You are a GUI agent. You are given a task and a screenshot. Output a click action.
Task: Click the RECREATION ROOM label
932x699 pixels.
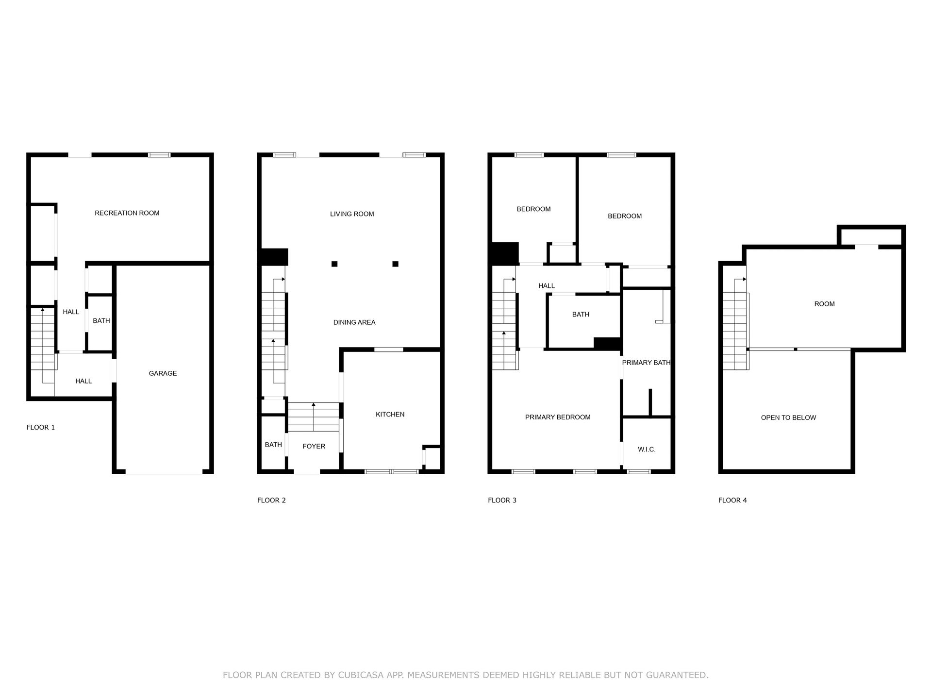click(x=127, y=213)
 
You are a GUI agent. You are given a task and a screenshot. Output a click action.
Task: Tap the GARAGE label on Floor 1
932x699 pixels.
click(x=163, y=373)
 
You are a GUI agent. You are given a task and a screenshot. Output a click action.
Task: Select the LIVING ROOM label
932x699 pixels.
click(x=352, y=214)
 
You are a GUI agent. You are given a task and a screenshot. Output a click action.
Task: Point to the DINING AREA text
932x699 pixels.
click(x=354, y=322)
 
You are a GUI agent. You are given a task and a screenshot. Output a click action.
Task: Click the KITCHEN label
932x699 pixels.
click(x=390, y=415)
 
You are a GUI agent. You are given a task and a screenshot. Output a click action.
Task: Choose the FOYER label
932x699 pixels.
click(x=314, y=446)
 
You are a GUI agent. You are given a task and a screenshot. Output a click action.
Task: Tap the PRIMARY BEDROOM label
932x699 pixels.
click(x=558, y=417)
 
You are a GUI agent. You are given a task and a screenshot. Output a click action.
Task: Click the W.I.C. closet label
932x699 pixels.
click(x=647, y=449)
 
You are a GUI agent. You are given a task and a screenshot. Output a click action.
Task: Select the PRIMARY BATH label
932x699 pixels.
click(x=646, y=363)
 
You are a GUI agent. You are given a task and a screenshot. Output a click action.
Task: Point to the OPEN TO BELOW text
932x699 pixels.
click(x=788, y=417)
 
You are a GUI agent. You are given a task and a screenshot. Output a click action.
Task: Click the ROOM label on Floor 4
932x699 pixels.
click(x=824, y=304)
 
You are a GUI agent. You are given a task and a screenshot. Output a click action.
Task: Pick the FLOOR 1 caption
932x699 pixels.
click(x=41, y=428)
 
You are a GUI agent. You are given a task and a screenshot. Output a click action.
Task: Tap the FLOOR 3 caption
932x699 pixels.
click(x=502, y=500)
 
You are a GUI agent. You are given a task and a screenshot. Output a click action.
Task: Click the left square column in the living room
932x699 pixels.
click(x=334, y=264)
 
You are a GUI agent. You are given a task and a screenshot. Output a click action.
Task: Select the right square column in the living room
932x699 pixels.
click(x=396, y=264)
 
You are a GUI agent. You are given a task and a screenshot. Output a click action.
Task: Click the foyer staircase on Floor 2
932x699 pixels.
click(x=314, y=417)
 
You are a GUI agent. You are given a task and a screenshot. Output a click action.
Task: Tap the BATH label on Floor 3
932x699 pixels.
click(x=581, y=315)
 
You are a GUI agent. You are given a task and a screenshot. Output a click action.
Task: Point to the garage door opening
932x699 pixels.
click(x=164, y=472)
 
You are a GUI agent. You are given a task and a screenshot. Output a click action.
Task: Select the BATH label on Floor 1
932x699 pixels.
click(x=101, y=321)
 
